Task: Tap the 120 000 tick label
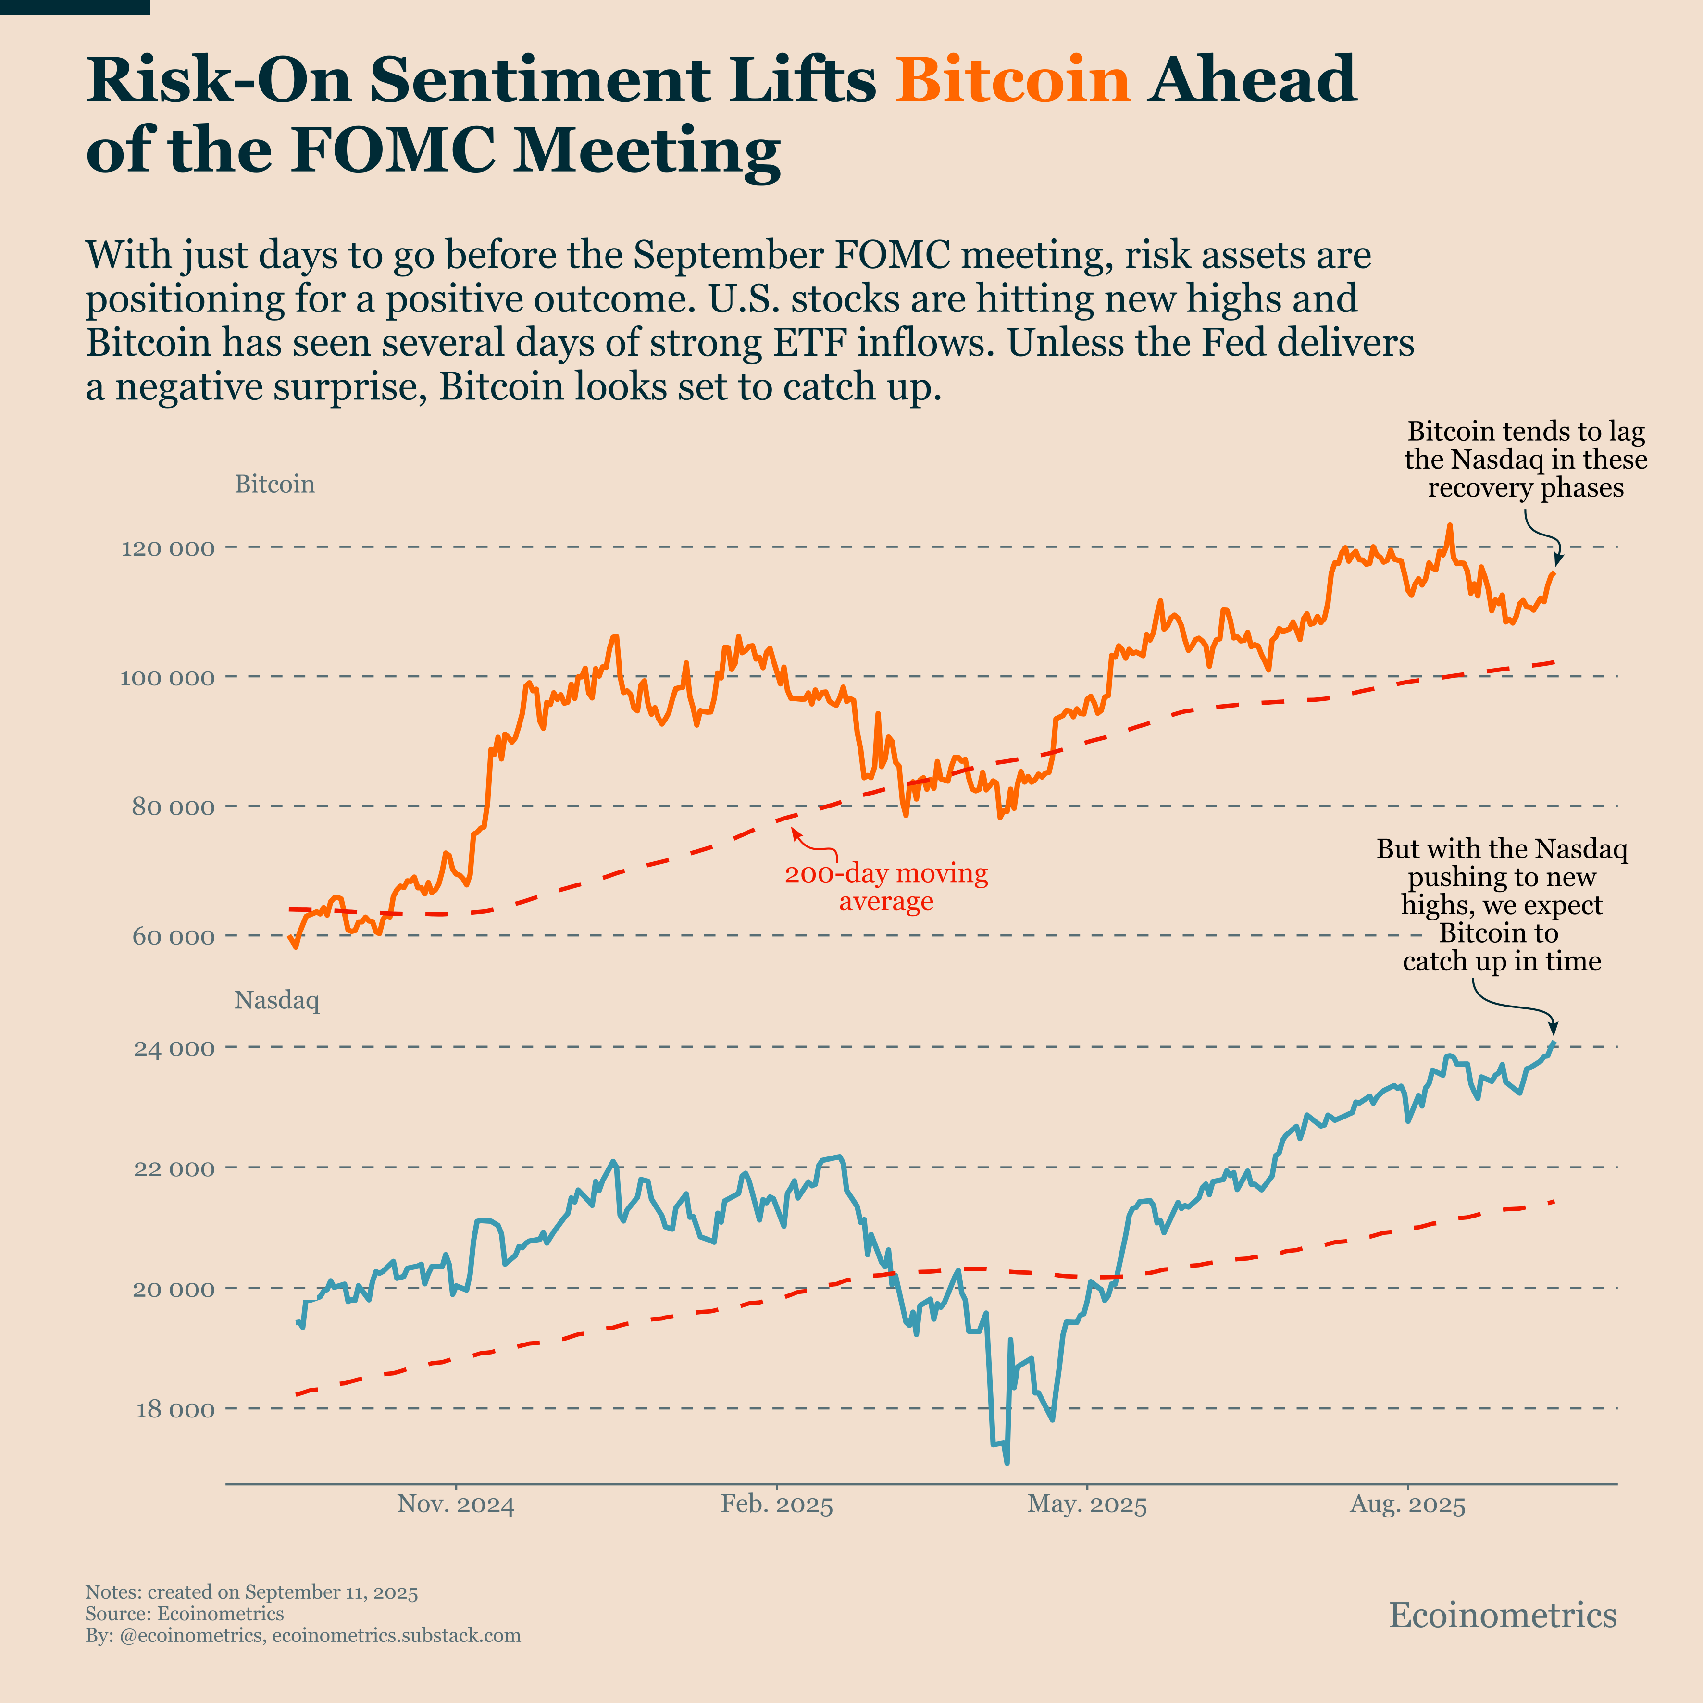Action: [x=167, y=549]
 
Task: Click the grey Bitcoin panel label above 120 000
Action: [x=274, y=484]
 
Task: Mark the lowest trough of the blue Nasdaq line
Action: [x=1007, y=1463]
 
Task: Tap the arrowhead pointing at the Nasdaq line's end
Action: [x=1553, y=1028]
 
